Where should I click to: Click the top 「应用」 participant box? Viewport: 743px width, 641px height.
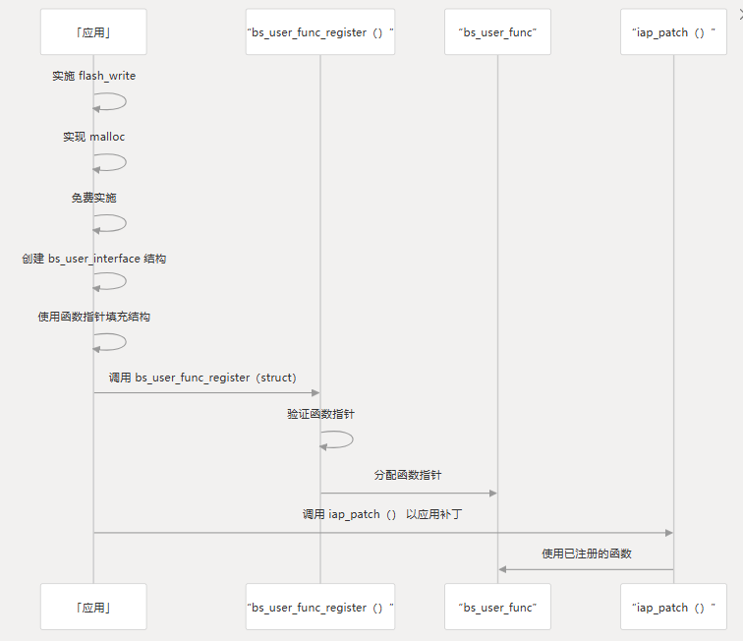93,32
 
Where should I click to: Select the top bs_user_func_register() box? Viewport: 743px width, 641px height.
319,32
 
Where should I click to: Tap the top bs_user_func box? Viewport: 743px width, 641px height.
497,32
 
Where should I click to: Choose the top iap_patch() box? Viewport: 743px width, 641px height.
673,32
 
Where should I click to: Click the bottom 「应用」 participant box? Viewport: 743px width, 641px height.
93,607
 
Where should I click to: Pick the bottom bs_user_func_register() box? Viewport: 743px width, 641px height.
319,607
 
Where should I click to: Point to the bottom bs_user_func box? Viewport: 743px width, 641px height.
497,607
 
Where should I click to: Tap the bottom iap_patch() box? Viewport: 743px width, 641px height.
673,607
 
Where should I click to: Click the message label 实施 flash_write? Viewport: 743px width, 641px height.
93,76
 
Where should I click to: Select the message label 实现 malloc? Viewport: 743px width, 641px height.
93,137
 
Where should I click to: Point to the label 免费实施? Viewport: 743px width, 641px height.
93,198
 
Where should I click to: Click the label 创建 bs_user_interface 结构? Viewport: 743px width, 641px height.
93,259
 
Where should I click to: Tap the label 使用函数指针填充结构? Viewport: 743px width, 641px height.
93,318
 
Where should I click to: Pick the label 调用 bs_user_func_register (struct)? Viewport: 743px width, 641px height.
202,378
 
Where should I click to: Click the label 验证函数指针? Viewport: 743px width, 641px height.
320,415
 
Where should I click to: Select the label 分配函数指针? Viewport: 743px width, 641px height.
408,475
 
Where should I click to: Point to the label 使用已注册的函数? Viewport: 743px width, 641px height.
586,554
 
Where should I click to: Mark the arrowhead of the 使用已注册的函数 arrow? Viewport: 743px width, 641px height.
502,569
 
